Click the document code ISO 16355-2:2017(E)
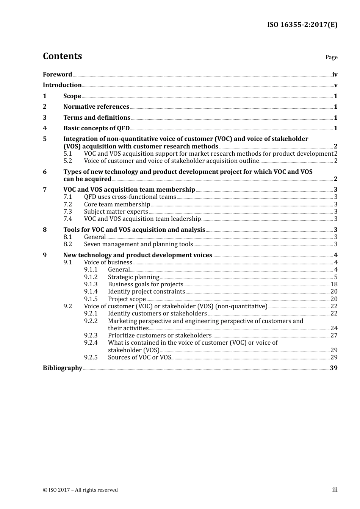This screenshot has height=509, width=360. point(302,25)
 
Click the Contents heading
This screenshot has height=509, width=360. point(62,56)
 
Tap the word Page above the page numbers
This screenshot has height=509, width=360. point(331,57)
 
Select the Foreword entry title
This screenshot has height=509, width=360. point(57,74)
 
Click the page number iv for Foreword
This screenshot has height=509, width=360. point(335,74)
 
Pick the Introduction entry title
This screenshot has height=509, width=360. point(62,85)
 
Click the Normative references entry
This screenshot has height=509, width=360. point(96,106)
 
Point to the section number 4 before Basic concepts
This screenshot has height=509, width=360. point(45,128)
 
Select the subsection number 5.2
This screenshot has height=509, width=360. point(67,161)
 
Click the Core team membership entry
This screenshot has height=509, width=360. point(117,204)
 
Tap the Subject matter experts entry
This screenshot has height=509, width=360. point(116,211)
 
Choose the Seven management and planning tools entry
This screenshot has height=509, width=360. point(138,244)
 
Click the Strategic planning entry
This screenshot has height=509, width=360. point(133,277)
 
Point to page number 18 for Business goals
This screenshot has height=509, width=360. point(334,284)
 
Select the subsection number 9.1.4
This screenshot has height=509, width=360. point(91,291)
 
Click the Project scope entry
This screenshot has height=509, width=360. point(127,299)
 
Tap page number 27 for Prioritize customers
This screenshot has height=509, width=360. point(334,335)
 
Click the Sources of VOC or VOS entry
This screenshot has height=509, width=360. point(139,357)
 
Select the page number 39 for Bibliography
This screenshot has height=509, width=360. point(333,368)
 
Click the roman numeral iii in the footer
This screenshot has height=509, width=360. point(335,489)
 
